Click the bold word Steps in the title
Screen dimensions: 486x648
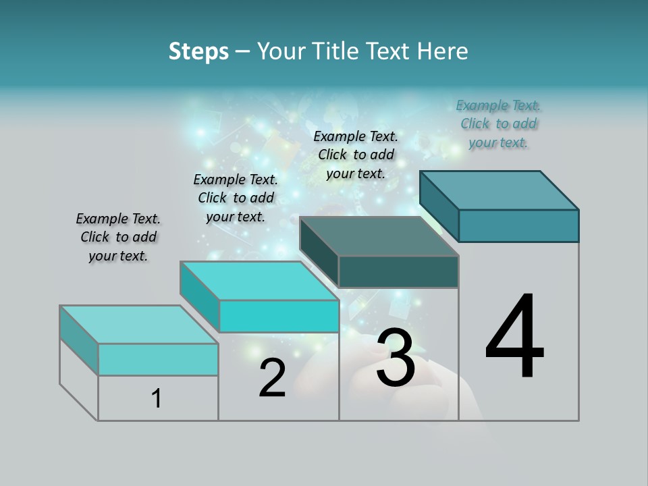(198, 51)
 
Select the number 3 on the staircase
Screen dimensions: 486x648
(395, 358)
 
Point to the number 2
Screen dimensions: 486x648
(272, 378)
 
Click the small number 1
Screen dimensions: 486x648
(157, 398)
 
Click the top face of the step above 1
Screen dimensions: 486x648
(138, 325)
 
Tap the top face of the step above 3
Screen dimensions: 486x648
(379, 236)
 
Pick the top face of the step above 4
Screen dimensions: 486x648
(499, 190)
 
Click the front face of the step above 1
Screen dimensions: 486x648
(158, 359)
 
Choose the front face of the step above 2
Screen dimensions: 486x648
(279, 316)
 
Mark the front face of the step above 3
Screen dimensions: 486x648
(398, 271)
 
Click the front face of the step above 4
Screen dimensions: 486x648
(518, 225)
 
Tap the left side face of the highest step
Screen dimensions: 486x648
(439, 205)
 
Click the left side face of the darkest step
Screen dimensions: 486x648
(319, 251)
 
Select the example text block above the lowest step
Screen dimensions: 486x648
(118, 237)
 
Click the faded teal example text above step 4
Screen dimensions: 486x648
(498, 124)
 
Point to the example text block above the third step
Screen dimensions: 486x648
(356, 155)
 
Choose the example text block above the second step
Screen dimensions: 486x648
(236, 198)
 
